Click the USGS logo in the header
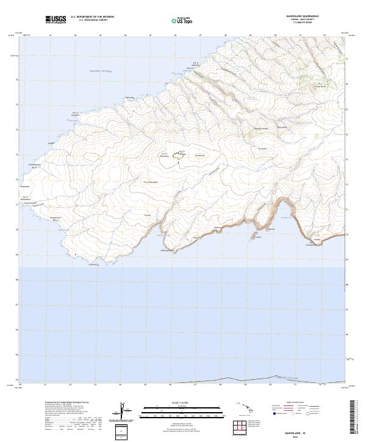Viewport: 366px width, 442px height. (56, 20)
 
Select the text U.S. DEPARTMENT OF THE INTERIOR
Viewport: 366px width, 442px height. (92, 17)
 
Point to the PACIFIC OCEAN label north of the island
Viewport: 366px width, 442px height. (98, 72)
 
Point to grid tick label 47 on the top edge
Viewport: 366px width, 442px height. (200, 35)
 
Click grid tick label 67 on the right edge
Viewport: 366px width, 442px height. (348, 309)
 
